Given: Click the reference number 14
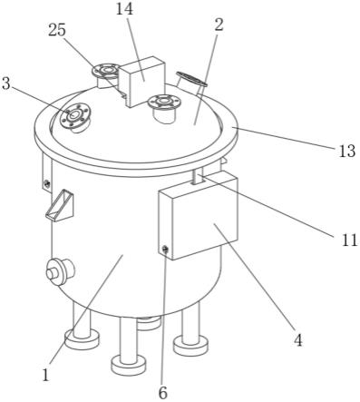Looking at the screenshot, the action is (x=124, y=9).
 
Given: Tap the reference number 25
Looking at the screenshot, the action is (x=57, y=30).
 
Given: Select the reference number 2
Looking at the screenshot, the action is (x=219, y=25).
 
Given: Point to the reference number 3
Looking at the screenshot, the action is (x=6, y=83).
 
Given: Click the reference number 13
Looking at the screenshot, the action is (x=346, y=151).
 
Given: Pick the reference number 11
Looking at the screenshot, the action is (x=350, y=240).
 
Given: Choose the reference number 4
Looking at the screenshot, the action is (x=298, y=340).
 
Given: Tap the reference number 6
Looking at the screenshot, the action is (x=162, y=393).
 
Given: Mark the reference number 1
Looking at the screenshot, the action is (x=45, y=375).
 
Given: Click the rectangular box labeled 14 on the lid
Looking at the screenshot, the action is (x=141, y=82).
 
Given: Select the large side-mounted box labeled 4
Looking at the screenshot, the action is (x=198, y=215).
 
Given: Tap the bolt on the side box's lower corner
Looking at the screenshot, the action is (x=165, y=250).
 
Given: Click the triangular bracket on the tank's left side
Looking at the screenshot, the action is (x=61, y=206).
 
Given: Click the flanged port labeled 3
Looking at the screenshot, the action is (x=75, y=117).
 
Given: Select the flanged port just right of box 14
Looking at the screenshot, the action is (x=164, y=108).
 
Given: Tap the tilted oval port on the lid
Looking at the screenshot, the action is (x=190, y=81).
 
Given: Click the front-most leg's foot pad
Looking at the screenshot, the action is (x=129, y=365).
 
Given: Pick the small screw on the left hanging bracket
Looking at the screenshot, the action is (x=46, y=183).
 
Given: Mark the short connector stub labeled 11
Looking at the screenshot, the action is (x=199, y=177).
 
